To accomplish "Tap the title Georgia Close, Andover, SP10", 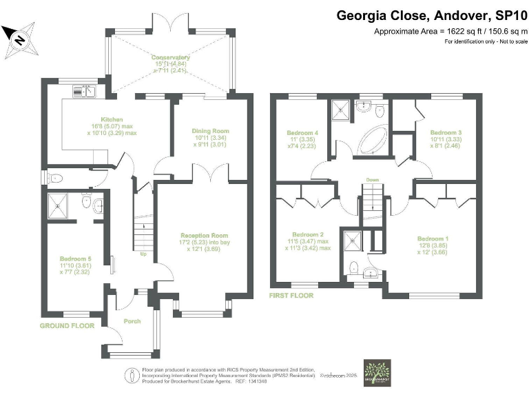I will [x=431, y=15].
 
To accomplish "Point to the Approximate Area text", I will [x=450, y=31].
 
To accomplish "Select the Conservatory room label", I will [x=170, y=57].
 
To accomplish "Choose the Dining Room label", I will [x=209, y=130].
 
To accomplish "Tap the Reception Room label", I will [x=200, y=235].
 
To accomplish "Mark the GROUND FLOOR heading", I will [x=67, y=325].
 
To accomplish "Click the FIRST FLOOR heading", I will [x=291, y=296].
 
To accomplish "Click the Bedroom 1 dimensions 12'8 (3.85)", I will [x=433, y=245].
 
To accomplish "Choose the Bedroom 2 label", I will [x=307, y=234].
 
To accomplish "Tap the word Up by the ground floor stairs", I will [x=143, y=254].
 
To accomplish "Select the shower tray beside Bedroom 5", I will [x=59, y=205].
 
